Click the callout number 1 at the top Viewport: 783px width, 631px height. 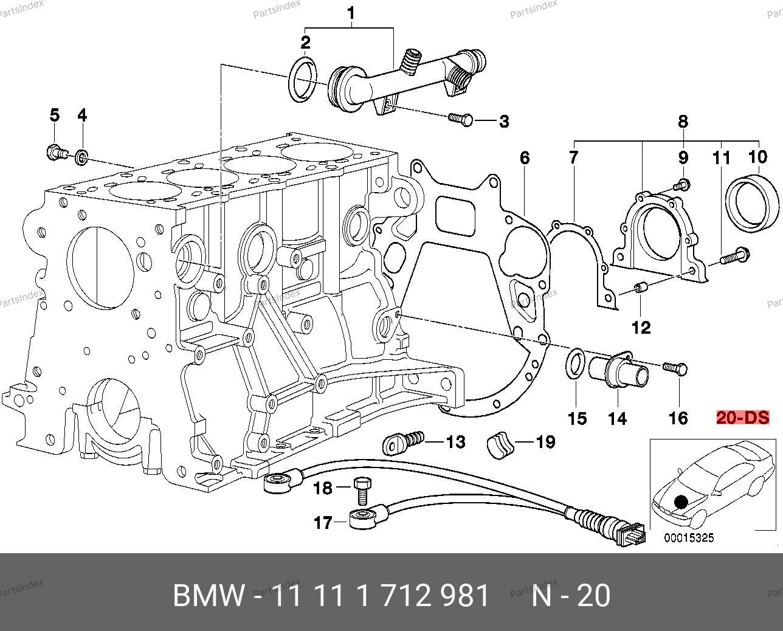click(351, 12)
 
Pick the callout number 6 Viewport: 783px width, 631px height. click(524, 159)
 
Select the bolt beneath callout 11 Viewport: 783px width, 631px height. click(733, 257)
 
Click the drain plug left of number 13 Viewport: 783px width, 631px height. click(403, 443)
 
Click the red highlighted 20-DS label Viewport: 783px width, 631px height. click(742, 418)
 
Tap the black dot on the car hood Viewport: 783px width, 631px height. click(681, 502)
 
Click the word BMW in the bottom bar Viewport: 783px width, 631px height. click(209, 596)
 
